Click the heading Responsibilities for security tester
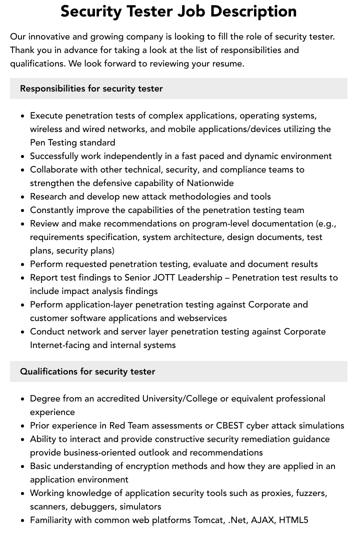[x=91, y=88]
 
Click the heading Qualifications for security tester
[x=87, y=371]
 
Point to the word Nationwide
[x=210, y=183]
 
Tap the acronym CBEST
[x=230, y=425]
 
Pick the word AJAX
[x=262, y=520]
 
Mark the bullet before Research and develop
[x=23, y=197]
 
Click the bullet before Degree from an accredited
[x=23, y=399]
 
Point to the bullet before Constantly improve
[x=23, y=210]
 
